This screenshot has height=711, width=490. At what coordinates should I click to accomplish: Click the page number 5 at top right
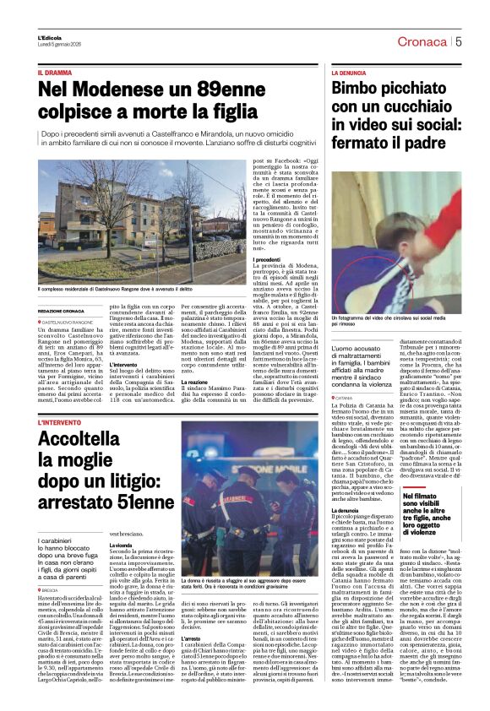(459, 41)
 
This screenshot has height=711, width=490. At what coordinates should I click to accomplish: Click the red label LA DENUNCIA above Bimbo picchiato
(350, 74)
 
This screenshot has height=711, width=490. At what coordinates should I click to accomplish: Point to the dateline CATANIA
(346, 396)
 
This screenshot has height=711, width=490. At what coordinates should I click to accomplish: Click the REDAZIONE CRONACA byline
(61, 311)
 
